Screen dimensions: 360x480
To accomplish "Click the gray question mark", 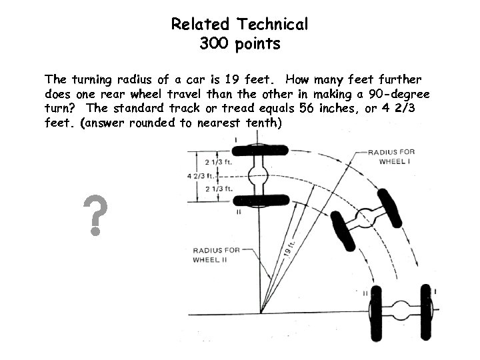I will tap(96, 215).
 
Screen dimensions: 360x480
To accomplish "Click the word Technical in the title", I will tap(270, 25).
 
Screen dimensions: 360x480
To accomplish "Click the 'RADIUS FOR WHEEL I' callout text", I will tap(391, 157).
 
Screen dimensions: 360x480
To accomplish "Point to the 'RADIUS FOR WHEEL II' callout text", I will tap(210, 255).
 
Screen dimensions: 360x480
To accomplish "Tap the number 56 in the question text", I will tap(303, 108).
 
